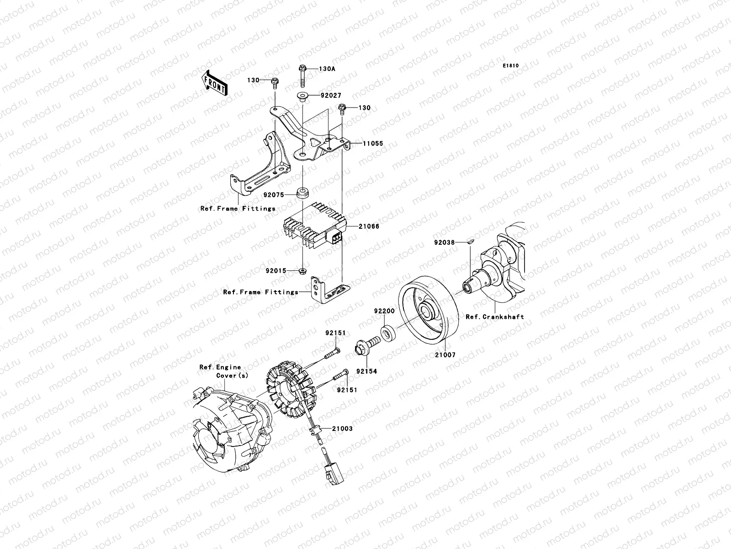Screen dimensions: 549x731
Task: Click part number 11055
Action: point(373,143)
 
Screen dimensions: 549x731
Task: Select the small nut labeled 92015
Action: point(303,271)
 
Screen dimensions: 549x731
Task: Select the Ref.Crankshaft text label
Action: point(494,317)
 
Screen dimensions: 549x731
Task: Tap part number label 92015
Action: point(276,271)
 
